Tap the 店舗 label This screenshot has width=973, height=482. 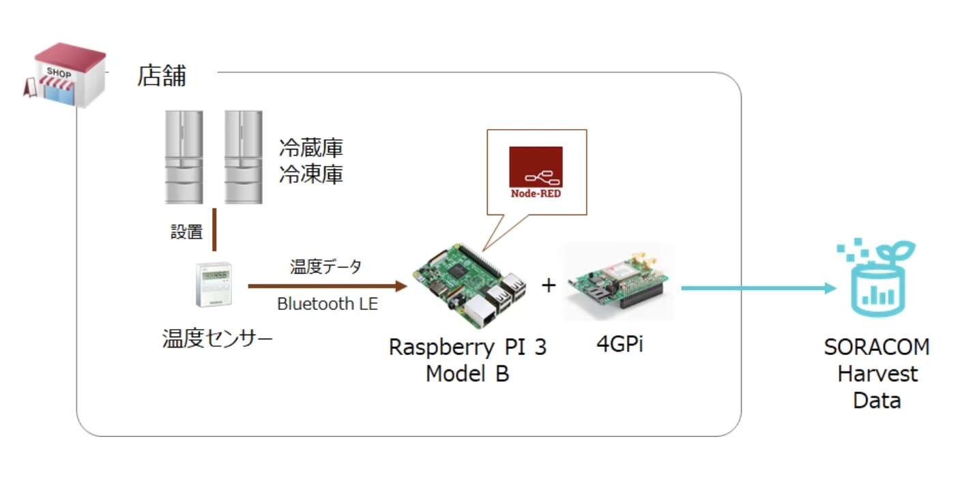click(x=162, y=76)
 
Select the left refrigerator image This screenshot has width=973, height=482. click(x=184, y=157)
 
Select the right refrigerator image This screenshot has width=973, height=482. click(x=244, y=157)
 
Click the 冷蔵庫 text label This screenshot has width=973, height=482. click(x=310, y=147)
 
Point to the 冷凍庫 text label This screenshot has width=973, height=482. click(x=310, y=175)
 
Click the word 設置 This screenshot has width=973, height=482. click(x=186, y=232)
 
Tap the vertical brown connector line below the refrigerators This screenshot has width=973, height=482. click(x=214, y=231)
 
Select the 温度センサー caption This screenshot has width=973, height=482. click(x=217, y=338)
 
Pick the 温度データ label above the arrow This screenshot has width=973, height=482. click(x=325, y=267)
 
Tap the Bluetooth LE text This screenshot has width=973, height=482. click(x=327, y=304)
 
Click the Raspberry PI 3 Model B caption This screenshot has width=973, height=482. click(x=467, y=360)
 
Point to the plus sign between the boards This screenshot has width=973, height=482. click(x=549, y=285)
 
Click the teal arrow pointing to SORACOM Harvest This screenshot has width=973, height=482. click(x=757, y=287)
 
